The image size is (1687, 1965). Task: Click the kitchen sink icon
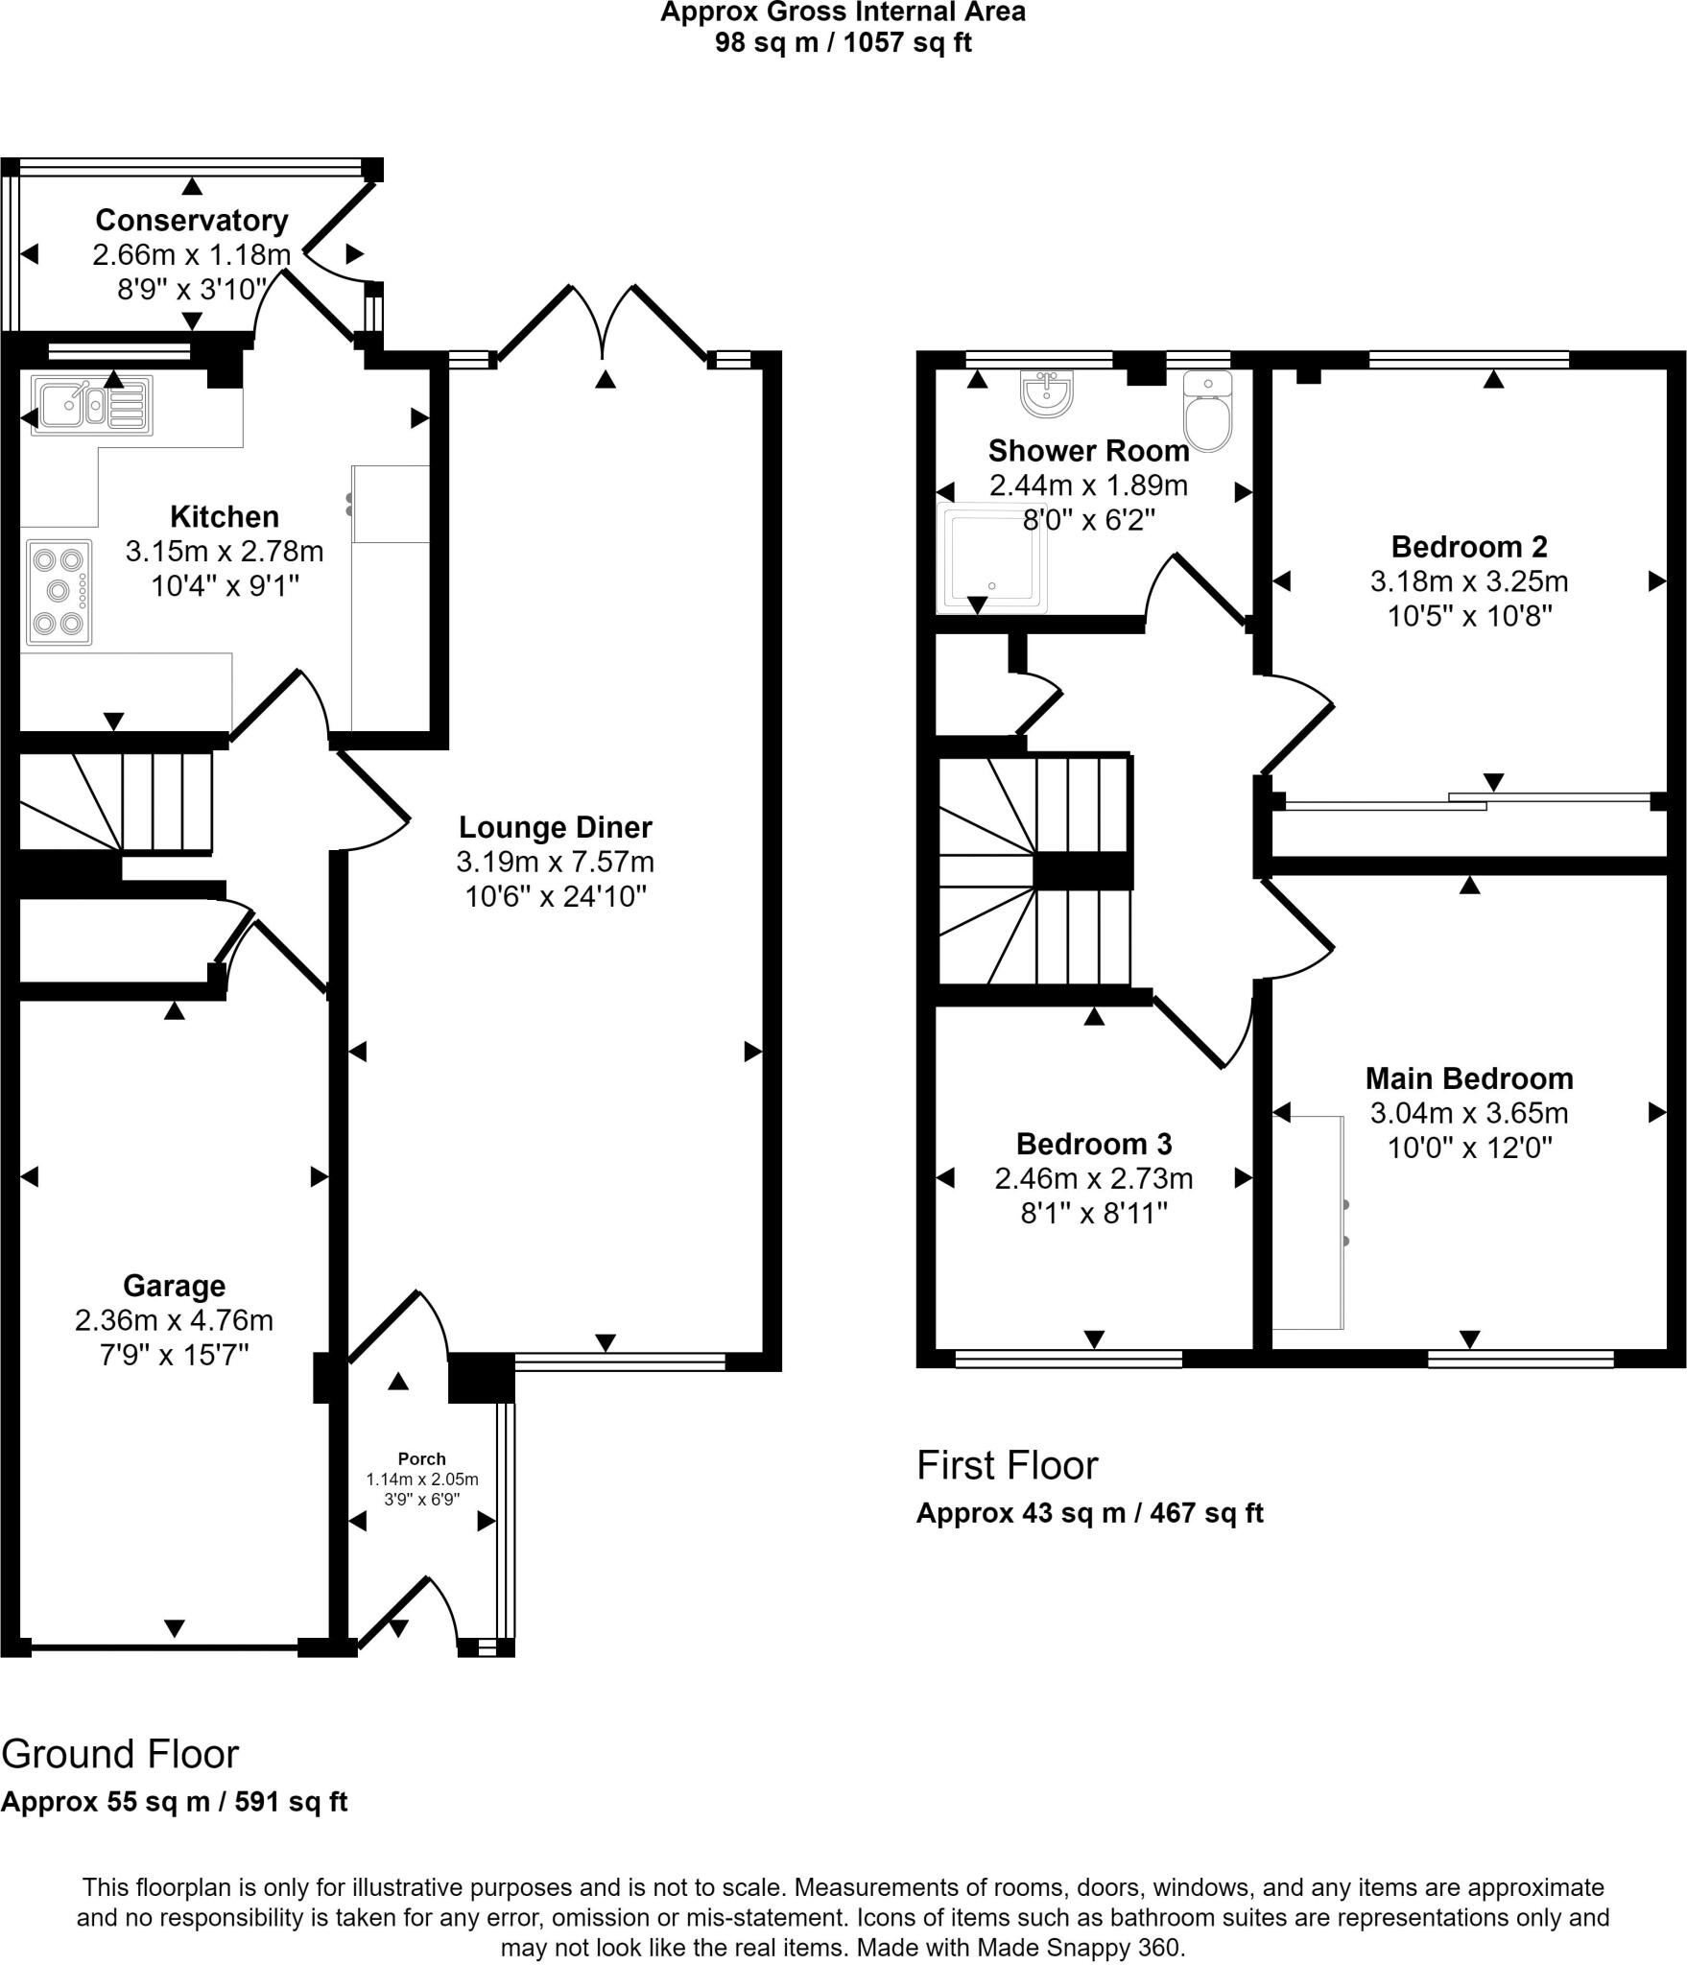(91, 406)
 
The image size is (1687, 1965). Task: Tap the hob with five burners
(59, 592)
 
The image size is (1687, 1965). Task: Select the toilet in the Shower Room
(1208, 414)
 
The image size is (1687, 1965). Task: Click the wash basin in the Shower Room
(1046, 393)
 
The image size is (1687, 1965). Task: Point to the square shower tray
(992, 559)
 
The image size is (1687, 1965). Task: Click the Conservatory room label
(192, 221)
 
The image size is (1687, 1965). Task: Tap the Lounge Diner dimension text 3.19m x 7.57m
(555, 862)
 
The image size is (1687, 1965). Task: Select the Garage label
(175, 1286)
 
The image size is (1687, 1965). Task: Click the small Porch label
(422, 1458)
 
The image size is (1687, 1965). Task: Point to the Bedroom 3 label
(1094, 1144)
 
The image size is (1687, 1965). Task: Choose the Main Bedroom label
(1469, 1078)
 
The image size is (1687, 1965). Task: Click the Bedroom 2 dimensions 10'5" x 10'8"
(1469, 616)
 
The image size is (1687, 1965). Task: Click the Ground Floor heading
(120, 1755)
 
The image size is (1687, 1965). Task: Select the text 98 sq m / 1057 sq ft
(843, 43)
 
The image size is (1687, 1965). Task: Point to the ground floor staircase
(115, 802)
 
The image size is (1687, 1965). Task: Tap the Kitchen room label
(225, 517)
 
